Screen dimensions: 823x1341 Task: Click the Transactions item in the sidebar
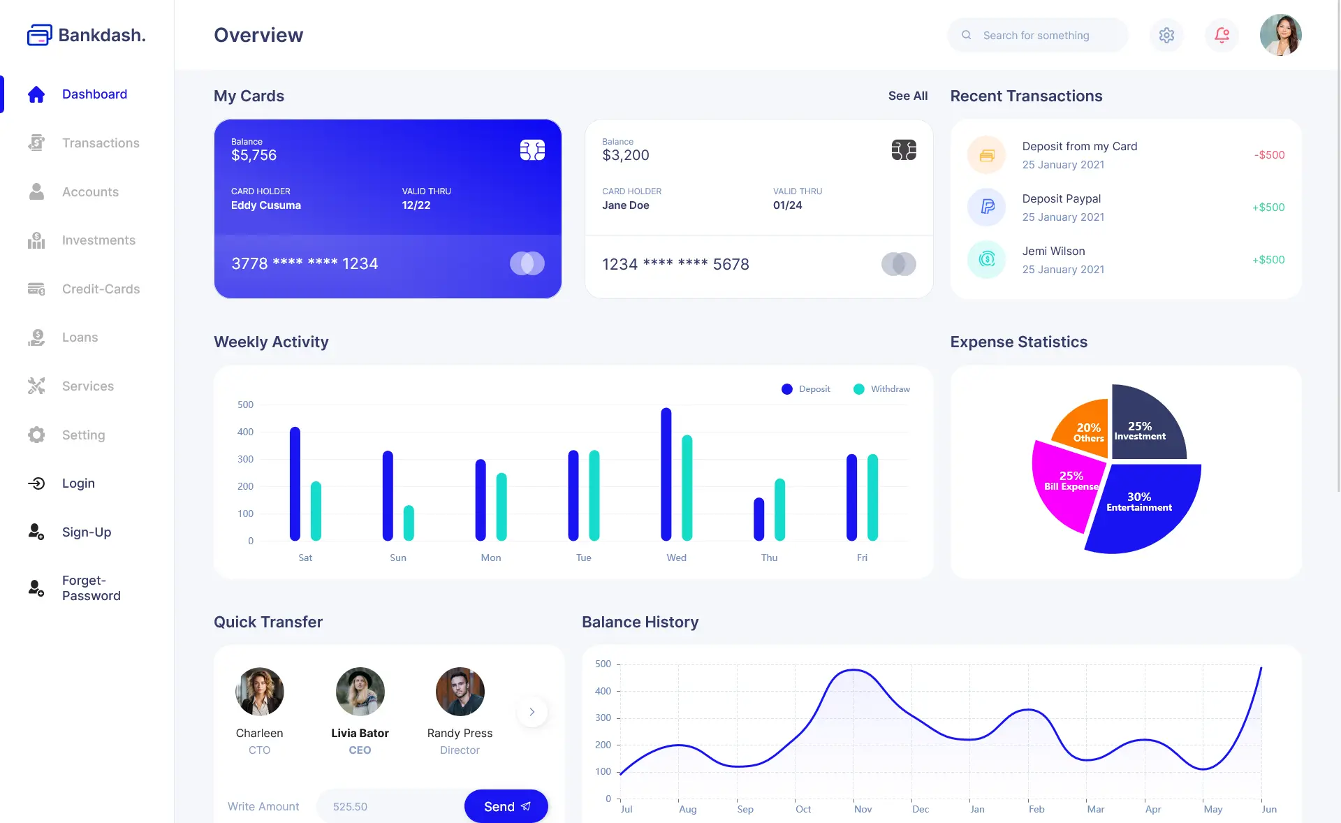[x=100, y=143]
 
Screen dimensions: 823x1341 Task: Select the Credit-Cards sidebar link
[x=101, y=289]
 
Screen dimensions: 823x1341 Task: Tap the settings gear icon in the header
[x=1166, y=35]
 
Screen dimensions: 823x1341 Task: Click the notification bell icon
[x=1222, y=35]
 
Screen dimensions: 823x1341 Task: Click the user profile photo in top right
[x=1280, y=35]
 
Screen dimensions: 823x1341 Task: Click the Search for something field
[x=1036, y=36]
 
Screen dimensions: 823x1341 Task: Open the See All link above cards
[x=907, y=96]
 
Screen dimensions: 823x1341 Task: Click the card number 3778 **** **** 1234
[x=305, y=263]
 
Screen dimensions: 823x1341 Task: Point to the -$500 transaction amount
[x=1269, y=155]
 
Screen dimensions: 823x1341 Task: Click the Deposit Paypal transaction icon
[x=987, y=207]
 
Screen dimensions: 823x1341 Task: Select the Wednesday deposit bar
[x=666, y=475]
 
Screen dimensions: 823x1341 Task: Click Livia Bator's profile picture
[x=360, y=692]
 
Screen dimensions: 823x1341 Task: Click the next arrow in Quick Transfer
[x=532, y=712]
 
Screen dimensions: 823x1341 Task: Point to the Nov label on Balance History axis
[x=863, y=809]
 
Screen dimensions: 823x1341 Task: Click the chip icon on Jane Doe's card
[x=903, y=150]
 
